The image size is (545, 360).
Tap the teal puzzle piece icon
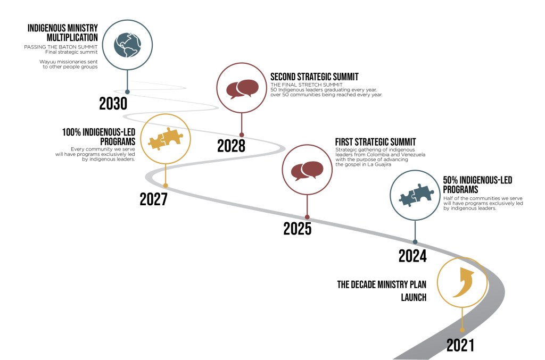point(416,196)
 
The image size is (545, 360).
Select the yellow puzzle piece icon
point(166,139)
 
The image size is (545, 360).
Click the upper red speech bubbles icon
point(242,88)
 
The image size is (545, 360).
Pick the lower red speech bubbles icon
point(307,170)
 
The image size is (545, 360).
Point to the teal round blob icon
point(127,45)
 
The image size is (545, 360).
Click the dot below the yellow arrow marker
point(462,330)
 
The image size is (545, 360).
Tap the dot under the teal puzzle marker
point(415,242)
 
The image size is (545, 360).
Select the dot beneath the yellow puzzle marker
point(166,186)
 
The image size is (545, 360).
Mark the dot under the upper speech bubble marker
point(242,135)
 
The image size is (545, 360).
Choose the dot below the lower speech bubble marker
point(307,217)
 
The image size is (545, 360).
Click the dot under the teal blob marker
point(127,91)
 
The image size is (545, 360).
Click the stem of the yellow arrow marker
point(462,318)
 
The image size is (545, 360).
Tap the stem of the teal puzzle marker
point(415,231)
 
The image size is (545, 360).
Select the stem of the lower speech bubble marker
point(307,205)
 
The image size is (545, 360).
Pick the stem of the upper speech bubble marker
point(242,123)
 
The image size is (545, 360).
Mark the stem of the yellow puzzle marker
point(166,174)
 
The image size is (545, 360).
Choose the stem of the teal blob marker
point(127,80)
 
